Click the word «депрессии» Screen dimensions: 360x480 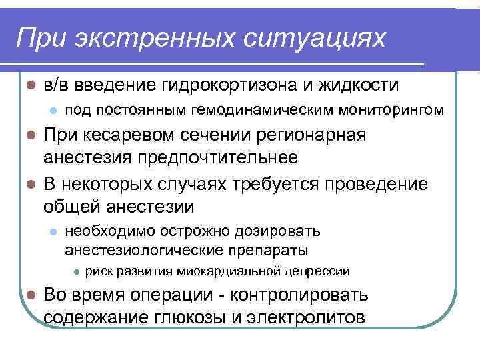click(x=317, y=272)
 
